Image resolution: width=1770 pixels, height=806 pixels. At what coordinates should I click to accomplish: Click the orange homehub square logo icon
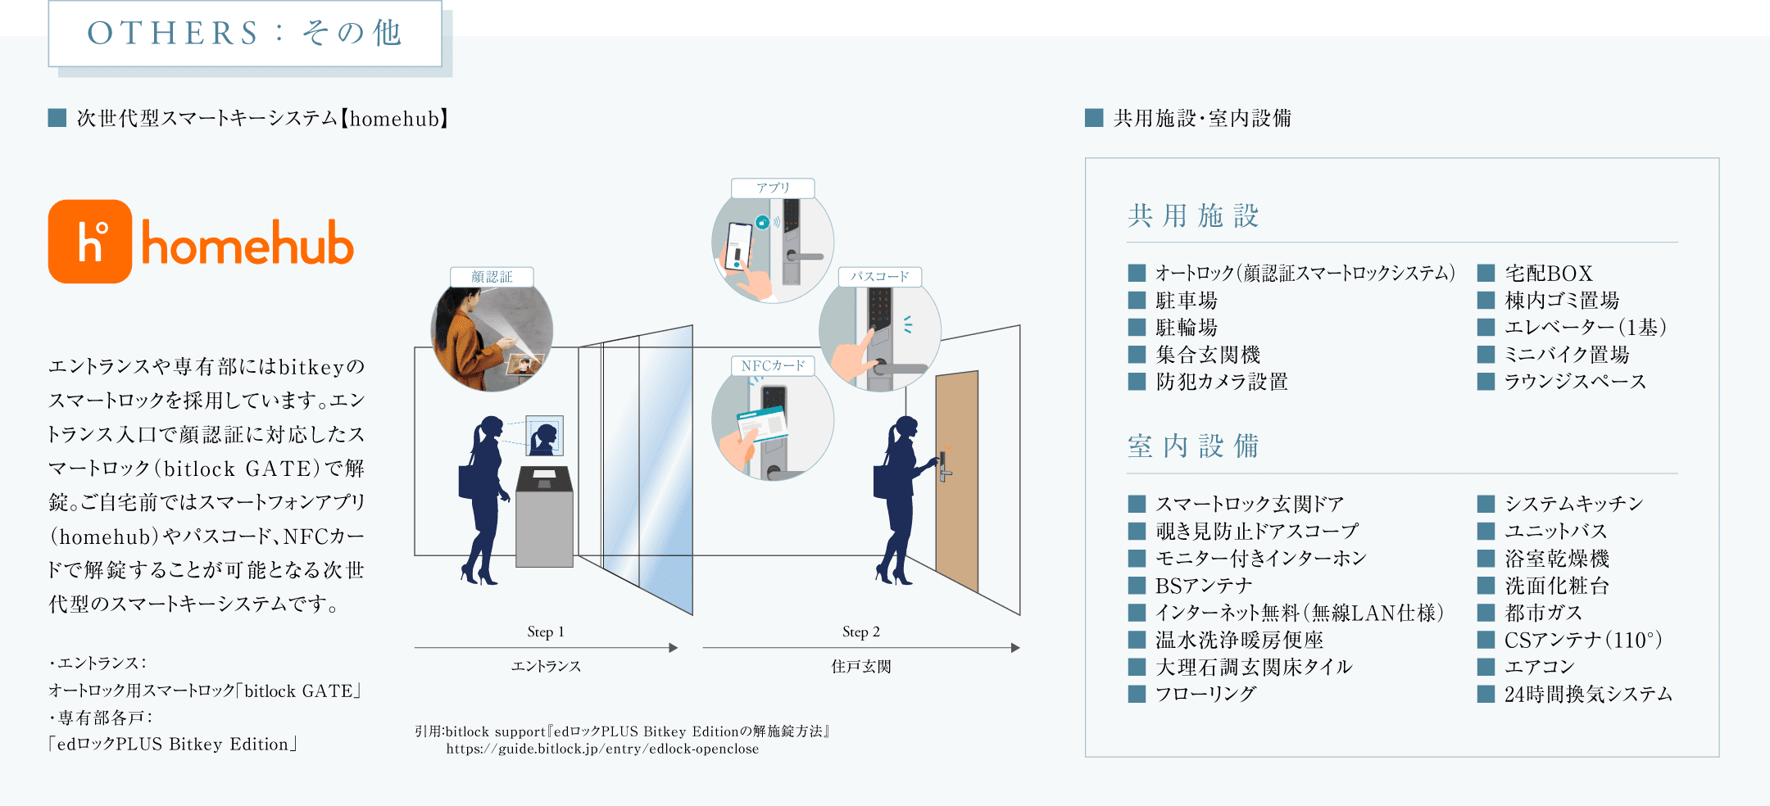tap(90, 242)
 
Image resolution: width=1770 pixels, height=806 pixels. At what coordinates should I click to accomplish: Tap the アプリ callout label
tap(773, 188)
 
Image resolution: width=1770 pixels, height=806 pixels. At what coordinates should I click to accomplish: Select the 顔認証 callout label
tap(492, 277)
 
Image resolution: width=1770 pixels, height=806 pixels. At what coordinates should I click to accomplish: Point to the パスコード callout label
tap(879, 277)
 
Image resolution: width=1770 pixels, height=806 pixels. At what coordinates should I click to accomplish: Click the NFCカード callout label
tap(773, 365)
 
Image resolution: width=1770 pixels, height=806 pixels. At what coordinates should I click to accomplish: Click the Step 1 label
tap(546, 632)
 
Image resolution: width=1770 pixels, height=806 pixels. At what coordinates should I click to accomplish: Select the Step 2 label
tap(860, 632)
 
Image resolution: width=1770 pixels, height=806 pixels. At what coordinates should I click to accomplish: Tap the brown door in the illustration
tap(957, 479)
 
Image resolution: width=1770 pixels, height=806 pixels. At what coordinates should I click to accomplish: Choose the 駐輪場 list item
tap(1186, 328)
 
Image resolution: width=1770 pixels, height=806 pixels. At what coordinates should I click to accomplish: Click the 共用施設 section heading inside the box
tap(1193, 216)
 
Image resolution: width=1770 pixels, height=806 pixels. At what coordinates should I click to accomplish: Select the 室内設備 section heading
tap(1193, 446)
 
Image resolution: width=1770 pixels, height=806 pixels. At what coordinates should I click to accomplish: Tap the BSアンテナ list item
tap(1203, 586)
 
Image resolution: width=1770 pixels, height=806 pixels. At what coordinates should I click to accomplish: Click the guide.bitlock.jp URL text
tap(602, 749)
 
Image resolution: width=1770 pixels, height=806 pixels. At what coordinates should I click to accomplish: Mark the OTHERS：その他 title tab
tap(245, 34)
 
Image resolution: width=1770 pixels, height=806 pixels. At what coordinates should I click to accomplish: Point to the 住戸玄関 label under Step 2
tap(860, 667)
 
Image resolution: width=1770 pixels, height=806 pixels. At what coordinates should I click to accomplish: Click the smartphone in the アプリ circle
tap(738, 245)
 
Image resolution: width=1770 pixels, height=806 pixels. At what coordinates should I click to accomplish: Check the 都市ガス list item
tap(1543, 613)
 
